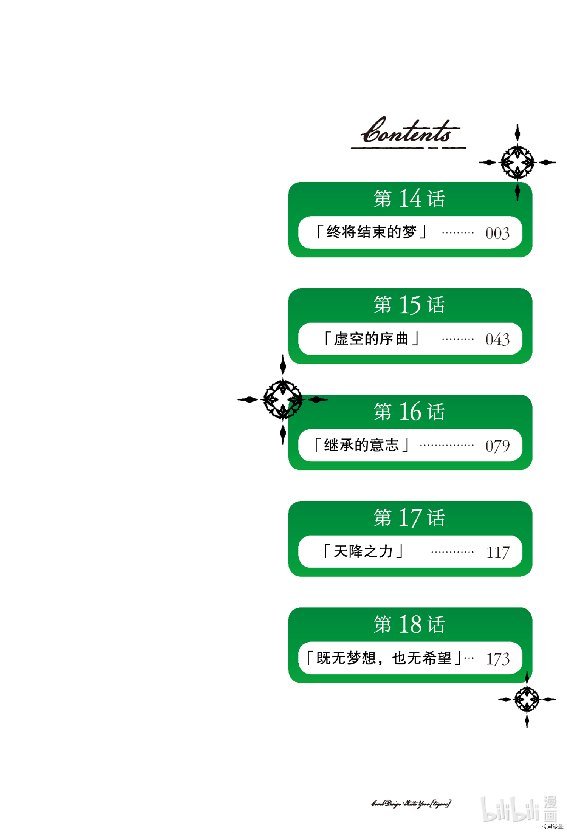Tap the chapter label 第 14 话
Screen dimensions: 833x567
point(409,198)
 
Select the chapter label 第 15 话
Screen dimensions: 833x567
point(409,305)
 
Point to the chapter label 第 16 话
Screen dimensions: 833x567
point(409,411)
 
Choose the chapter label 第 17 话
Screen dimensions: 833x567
point(409,517)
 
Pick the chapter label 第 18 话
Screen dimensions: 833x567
point(409,624)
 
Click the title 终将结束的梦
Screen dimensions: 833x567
point(372,232)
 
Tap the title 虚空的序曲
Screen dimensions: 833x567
point(372,339)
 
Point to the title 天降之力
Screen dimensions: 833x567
point(363,551)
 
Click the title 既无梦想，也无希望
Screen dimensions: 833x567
point(384,658)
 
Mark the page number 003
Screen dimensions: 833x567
point(497,233)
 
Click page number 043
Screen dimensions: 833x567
point(497,339)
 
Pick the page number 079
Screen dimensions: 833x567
point(497,446)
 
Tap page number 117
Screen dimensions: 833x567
point(498,553)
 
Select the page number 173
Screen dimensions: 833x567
point(498,659)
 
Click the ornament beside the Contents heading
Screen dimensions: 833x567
point(517,163)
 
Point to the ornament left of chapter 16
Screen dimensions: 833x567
point(283,399)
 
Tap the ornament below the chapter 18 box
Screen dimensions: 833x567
point(527,700)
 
